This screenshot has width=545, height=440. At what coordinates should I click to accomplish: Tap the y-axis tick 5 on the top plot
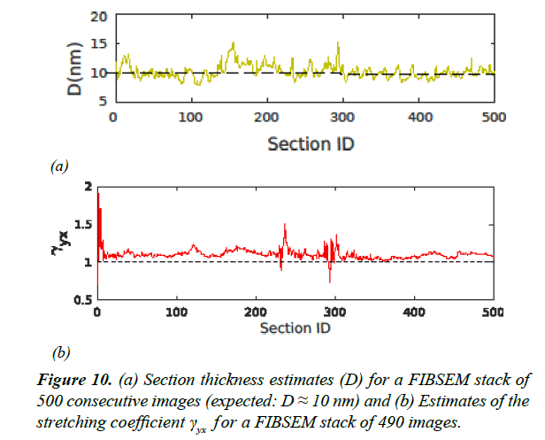(x=98, y=101)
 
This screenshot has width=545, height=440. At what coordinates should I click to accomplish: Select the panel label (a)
(x=59, y=166)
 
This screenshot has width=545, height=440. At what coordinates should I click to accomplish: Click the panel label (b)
(x=60, y=353)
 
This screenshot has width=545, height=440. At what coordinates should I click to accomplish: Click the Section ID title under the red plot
(x=295, y=328)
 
